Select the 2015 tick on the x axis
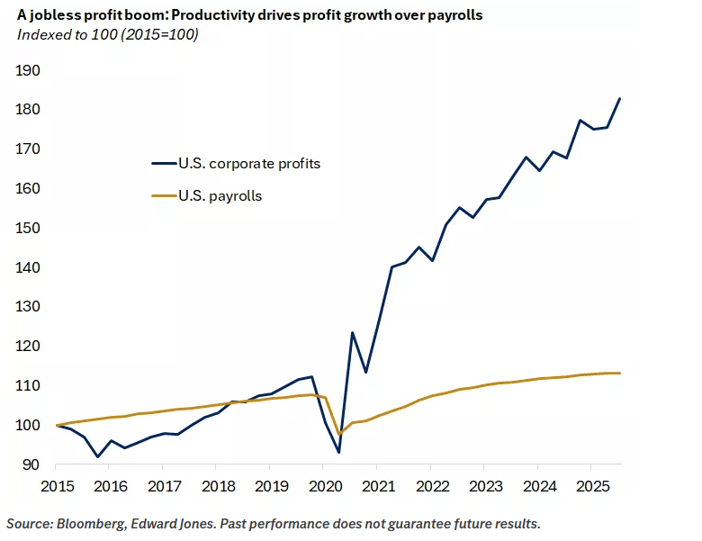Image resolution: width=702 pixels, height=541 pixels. point(56,488)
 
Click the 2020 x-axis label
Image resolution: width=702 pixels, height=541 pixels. point(324,488)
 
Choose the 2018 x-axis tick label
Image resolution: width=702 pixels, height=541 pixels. point(217,488)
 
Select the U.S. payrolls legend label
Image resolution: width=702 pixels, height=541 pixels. point(223,195)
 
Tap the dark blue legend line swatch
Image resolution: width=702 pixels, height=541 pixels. point(165,164)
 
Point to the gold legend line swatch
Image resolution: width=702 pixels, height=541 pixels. point(165,195)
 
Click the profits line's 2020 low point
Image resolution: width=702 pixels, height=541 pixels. point(338,452)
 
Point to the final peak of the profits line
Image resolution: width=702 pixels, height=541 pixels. point(619,99)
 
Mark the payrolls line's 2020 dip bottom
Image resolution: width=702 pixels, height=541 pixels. point(339,435)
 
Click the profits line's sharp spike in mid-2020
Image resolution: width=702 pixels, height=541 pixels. point(352,333)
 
